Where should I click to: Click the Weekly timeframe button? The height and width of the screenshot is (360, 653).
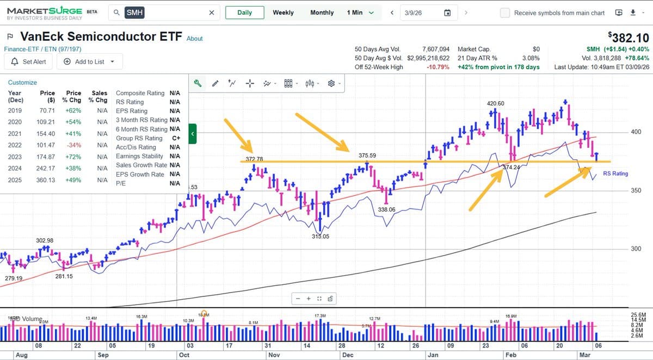click(283, 13)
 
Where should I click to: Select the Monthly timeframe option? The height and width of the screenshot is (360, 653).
click(322, 13)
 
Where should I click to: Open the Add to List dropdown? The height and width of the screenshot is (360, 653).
click(89, 61)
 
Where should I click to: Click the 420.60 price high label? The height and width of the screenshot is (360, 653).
click(495, 103)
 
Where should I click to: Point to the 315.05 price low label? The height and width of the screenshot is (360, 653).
click(320, 237)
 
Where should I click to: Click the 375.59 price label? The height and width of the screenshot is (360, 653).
click(368, 156)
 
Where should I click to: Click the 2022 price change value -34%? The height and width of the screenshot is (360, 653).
click(73, 145)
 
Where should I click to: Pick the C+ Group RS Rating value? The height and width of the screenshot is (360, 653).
click(175, 138)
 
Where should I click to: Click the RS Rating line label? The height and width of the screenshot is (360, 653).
click(615, 173)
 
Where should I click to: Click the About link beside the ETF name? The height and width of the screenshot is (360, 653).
click(194, 39)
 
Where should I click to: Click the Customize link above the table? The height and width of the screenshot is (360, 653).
click(22, 83)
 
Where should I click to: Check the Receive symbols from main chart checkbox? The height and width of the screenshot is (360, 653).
click(505, 13)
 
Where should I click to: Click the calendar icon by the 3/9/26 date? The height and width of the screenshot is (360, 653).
click(447, 13)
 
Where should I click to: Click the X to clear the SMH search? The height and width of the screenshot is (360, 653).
click(212, 13)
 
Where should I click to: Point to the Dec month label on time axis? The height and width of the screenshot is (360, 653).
click(347, 355)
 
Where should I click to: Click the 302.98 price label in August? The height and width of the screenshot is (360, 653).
click(45, 240)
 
